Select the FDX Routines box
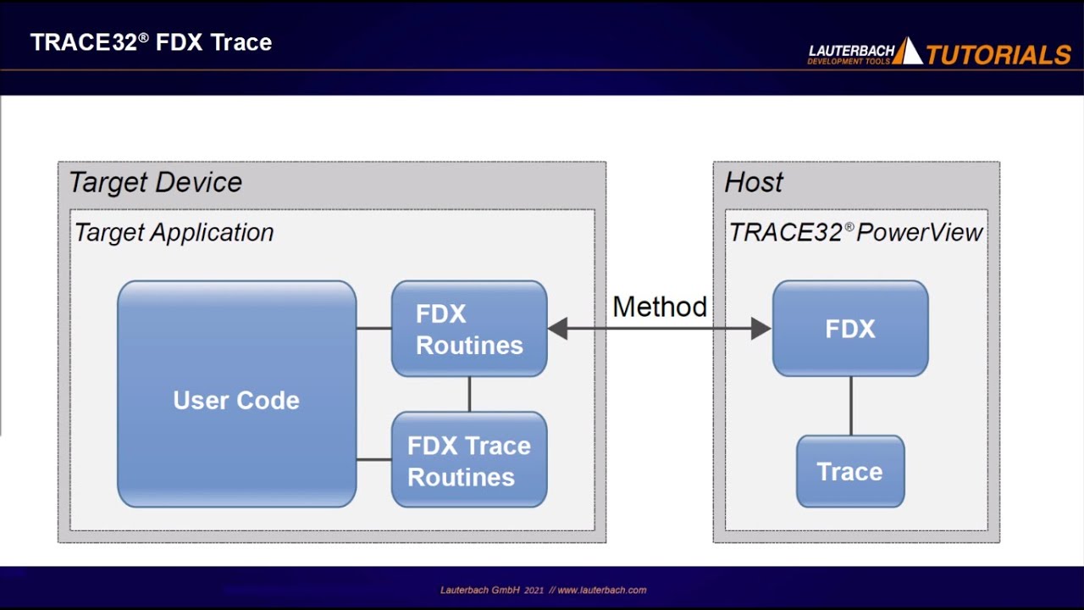click(x=469, y=329)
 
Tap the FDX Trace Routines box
click(x=469, y=460)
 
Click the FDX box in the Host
click(x=850, y=329)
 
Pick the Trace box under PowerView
click(x=850, y=472)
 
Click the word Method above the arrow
click(x=659, y=307)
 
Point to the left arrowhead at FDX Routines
click(x=558, y=329)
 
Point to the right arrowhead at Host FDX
click(x=760, y=329)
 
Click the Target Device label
click(x=155, y=182)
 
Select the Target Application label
click(x=174, y=232)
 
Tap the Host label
click(x=754, y=182)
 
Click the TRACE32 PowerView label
click(x=855, y=232)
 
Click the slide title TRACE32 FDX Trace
click(x=151, y=42)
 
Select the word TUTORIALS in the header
click(x=998, y=55)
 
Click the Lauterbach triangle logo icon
click(x=908, y=52)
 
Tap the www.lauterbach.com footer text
click(x=601, y=590)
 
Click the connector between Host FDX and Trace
click(x=850, y=406)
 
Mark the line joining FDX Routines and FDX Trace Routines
click(x=469, y=394)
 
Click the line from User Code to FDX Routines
click(x=373, y=329)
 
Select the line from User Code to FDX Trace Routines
click(x=373, y=460)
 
